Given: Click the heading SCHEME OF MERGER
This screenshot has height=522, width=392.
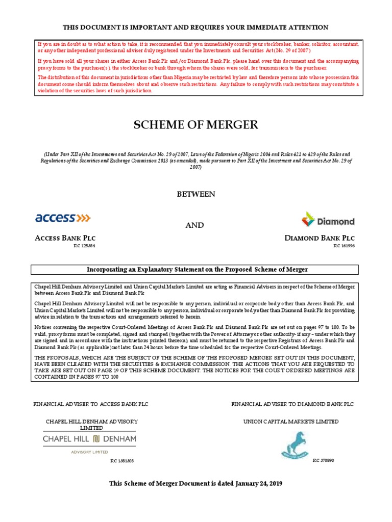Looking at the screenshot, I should (195, 124).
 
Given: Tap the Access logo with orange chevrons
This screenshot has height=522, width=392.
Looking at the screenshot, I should (63, 218).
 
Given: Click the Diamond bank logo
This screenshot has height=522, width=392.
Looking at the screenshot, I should (328, 220).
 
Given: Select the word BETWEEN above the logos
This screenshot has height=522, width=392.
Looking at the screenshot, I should (195, 194).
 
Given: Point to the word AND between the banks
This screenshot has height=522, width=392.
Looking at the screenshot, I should (195, 225).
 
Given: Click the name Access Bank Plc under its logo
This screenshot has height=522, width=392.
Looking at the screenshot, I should (65, 238).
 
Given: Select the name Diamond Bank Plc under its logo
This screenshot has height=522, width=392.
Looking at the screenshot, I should (320, 238).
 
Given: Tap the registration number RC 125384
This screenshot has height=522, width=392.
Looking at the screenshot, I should (85, 246).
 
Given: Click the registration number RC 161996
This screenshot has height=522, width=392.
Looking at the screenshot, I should (344, 246).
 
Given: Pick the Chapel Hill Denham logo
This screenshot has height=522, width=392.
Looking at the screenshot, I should (90, 438).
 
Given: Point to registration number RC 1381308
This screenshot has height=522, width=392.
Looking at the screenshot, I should (121, 460).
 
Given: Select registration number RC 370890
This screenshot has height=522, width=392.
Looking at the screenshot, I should (323, 460).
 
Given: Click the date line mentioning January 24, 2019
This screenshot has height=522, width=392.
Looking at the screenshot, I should (195, 483).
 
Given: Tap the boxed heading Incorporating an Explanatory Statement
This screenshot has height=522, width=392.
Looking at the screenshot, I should (195, 269).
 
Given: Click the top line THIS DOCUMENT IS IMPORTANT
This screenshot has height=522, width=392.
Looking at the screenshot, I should (195, 27).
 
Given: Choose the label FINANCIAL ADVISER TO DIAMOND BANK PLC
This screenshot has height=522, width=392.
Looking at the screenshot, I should (292, 404).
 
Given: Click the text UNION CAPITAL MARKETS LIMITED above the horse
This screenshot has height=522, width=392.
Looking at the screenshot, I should (291, 422).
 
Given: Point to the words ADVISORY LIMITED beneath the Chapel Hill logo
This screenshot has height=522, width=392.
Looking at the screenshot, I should (89, 452).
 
